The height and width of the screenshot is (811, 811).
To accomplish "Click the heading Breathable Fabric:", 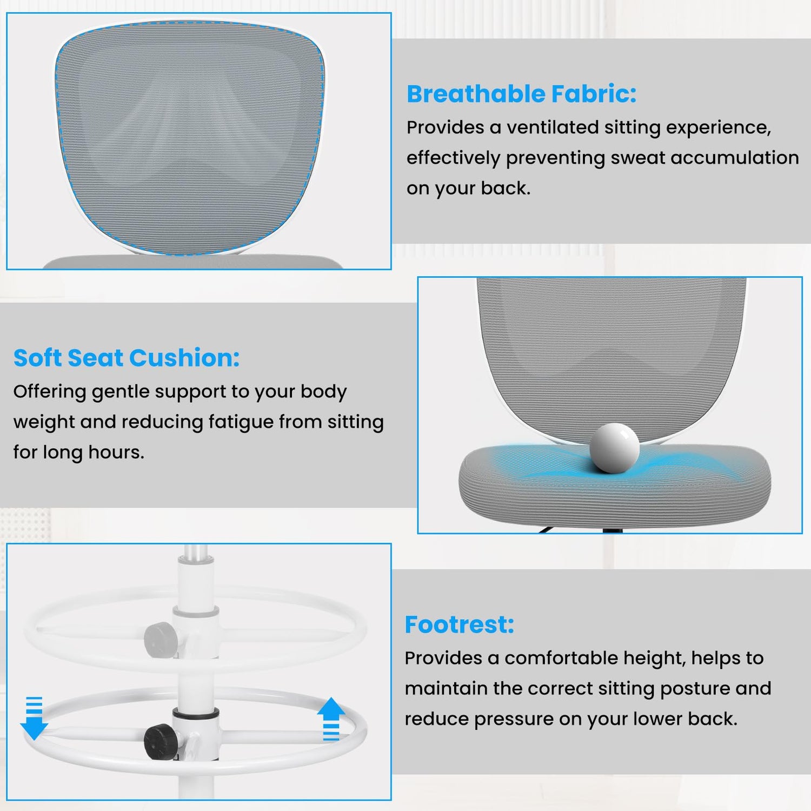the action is (521, 94).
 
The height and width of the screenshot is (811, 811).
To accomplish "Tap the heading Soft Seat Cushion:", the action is (127, 358).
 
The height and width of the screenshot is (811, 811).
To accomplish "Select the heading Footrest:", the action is (460, 624).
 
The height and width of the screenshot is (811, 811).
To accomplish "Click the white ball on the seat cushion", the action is (614, 448).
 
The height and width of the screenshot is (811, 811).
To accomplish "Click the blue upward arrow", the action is (331, 719).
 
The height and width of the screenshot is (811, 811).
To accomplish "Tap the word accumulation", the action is (735, 158).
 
